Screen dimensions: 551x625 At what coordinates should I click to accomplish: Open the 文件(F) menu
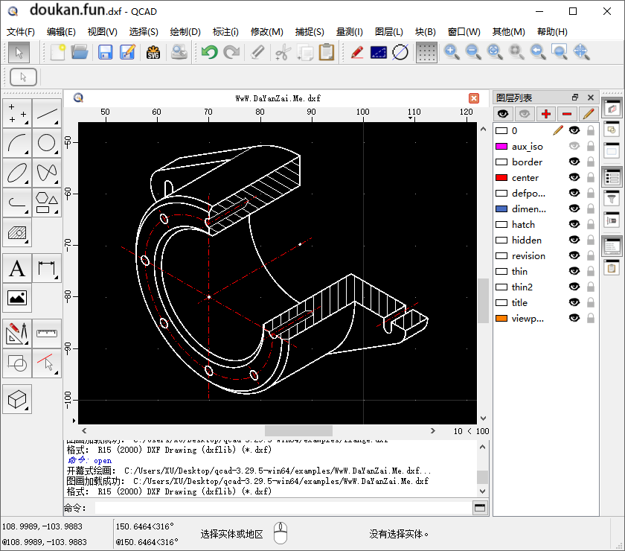[21, 32]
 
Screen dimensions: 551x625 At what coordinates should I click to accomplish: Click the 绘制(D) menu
[185, 32]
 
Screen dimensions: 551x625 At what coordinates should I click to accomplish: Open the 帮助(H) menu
[551, 32]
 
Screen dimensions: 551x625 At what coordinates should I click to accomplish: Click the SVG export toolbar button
[153, 52]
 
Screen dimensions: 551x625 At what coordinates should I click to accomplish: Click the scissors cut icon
[282, 52]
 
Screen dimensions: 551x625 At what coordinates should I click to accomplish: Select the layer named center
[525, 178]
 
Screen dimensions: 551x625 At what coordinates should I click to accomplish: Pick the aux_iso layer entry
[528, 147]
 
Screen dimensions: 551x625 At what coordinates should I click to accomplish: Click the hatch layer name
[523, 225]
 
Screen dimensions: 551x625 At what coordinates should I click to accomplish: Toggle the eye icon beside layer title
[574, 303]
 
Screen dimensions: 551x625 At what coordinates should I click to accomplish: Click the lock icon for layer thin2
[591, 287]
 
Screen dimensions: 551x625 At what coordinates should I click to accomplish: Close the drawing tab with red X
[474, 98]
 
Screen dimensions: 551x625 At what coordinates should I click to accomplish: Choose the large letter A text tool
[17, 268]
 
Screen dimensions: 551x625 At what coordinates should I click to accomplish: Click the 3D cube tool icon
[17, 400]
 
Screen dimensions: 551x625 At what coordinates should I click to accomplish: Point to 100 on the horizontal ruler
[362, 112]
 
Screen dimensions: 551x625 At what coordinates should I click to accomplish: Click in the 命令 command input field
[283, 508]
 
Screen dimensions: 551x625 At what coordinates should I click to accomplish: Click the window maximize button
[573, 11]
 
